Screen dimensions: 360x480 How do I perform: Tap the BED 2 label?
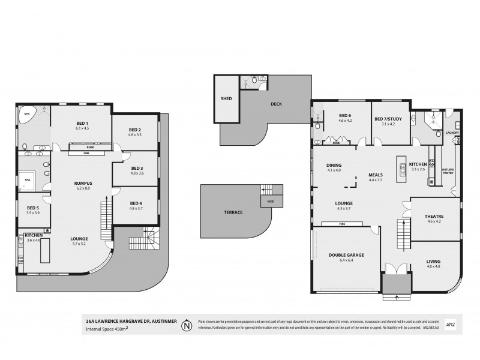(136, 130)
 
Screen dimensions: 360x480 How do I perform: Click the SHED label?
(226, 98)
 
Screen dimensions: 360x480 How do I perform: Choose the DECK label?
(276, 104)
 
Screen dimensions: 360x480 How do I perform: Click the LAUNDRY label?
(452, 133)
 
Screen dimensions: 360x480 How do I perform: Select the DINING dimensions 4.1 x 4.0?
(334, 170)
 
